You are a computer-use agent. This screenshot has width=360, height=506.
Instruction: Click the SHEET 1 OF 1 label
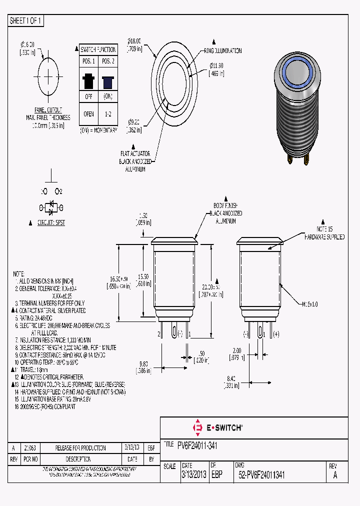pyautogui.click(x=25, y=20)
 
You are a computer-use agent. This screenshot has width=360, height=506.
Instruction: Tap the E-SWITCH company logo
pyautogui.click(x=217, y=427)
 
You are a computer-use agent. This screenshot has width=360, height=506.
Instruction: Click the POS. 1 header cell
pyautogui.click(x=88, y=60)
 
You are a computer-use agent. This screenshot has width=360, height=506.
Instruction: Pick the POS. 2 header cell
pyautogui.click(x=107, y=60)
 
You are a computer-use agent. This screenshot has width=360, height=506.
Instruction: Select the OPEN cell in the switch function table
pyautogui.click(x=88, y=113)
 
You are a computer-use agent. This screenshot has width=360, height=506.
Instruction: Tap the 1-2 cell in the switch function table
pyautogui.click(x=107, y=113)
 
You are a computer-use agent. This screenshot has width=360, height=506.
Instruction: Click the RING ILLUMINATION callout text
pyautogui.click(x=222, y=51)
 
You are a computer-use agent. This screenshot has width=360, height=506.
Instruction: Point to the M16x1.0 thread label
pyautogui.click(x=310, y=304)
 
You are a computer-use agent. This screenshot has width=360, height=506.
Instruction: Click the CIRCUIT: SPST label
pyautogui.click(x=51, y=222)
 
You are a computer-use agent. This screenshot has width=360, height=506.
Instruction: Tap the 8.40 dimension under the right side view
pyautogui.click(x=230, y=382)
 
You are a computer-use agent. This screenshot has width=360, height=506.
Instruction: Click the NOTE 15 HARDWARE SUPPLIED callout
pyautogui.click(x=325, y=232)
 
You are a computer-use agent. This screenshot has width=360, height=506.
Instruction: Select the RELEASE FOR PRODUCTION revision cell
pyautogui.click(x=80, y=447)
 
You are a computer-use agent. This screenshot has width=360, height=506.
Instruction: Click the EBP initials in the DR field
pyautogui.click(x=216, y=475)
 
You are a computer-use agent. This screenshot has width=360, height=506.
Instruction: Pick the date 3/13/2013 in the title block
pyautogui.click(x=193, y=475)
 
